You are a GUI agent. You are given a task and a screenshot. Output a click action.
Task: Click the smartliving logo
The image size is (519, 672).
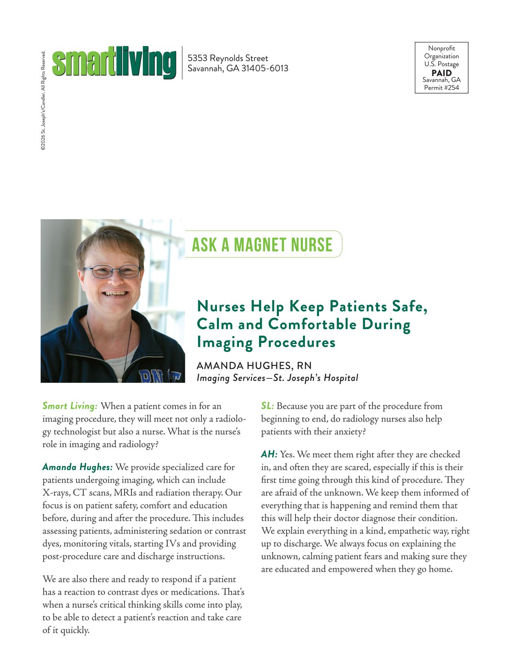tap(114, 63)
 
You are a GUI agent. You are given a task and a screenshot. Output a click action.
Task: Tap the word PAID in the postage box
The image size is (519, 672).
tap(441, 73)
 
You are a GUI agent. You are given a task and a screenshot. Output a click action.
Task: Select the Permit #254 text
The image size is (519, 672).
tap(441, 87)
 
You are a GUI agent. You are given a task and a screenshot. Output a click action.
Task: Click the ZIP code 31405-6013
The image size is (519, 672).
tap(265, 68)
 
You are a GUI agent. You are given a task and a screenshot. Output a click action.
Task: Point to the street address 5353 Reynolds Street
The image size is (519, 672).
tap(228, 58)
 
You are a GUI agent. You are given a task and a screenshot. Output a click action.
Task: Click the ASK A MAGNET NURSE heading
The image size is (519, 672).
tap(262, 244)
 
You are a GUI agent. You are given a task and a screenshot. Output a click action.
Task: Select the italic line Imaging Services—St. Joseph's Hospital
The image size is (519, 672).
tap(277, 378)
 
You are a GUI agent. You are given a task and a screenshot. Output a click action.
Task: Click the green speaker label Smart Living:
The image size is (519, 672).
tap(70, 406)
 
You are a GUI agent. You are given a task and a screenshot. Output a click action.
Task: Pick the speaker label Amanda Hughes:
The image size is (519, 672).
tap(77, 467)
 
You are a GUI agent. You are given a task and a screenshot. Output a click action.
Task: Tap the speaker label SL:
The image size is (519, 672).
tap(267, 406)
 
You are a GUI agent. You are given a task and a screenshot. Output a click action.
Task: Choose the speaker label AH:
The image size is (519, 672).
tap(269, 454)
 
